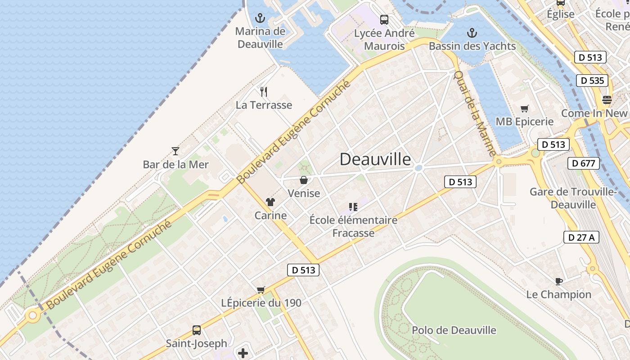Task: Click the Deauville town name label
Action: pyautogui.click(x=375, y=159)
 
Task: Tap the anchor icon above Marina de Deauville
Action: pyautogui.click(x=260, y=18)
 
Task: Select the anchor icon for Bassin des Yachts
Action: pyautogui.click(x=472, y=32)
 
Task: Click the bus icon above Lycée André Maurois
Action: pyautogui.click(x=384, y=20)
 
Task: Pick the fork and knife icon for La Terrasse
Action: pyautogui.click(x=264, y=92)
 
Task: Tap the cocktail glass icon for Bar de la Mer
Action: pyautogui.click(x=175, y=151)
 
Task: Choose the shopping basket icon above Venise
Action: pyautogui.click(x=304, y=180)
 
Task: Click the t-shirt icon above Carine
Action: pyautogui.click(x=270, y=202)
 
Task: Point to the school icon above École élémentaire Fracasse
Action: pyautogui.click(x=353, y=207)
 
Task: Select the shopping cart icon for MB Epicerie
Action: pyautogui.click(x=524, y=108)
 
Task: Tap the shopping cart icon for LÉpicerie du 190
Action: pyautogui.click(x=261, y=290)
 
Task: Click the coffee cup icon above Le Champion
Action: pyautogui.click(x=558, y=281)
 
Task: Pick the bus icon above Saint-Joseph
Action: pyautogui.click(x=197, y=330)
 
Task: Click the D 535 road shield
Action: pyautogui.click(x=592, y=81)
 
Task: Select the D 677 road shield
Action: pyautogui.click(x=584, y=163)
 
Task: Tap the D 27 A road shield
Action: pyautogui.click(x=581, y=237)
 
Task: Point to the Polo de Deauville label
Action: pyautogui.click(x=454, y=330)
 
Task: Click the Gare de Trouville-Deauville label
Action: pyautogui.click(x=572, y=198)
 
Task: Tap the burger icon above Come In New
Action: pyautogui.click(x=607, y=100)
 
